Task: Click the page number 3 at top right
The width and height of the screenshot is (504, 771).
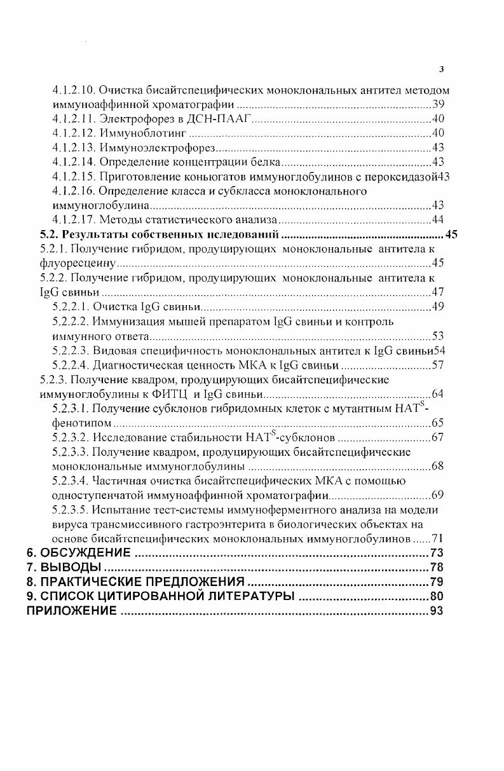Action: [x=442, y=70]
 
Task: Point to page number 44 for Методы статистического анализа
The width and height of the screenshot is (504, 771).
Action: [x=437, y=220]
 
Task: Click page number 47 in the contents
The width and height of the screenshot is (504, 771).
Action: [x=437, y=292]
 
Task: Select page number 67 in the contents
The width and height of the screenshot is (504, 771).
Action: [x=437, y=437]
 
